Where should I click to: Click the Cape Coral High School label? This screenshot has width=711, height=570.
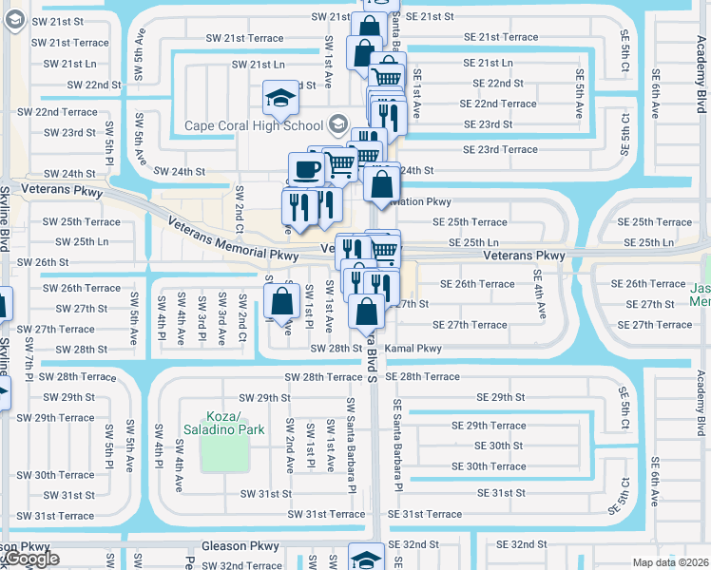click(x=253, y=125)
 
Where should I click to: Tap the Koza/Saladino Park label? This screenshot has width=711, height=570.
click(x=222, y=423)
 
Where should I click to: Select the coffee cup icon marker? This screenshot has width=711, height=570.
click(x=305, y=169)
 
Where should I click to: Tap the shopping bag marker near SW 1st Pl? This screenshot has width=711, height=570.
click(x=281, y=304)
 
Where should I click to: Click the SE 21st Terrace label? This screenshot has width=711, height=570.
click(x=495, y=37)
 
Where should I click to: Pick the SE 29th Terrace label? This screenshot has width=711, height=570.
click(x=489, y=426)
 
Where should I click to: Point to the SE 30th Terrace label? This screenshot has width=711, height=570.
click(x=489, y=466)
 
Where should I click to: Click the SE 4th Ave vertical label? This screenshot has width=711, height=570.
click(x=539, y=298)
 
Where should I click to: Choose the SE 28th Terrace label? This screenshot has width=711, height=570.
click(x=424, y=377)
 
